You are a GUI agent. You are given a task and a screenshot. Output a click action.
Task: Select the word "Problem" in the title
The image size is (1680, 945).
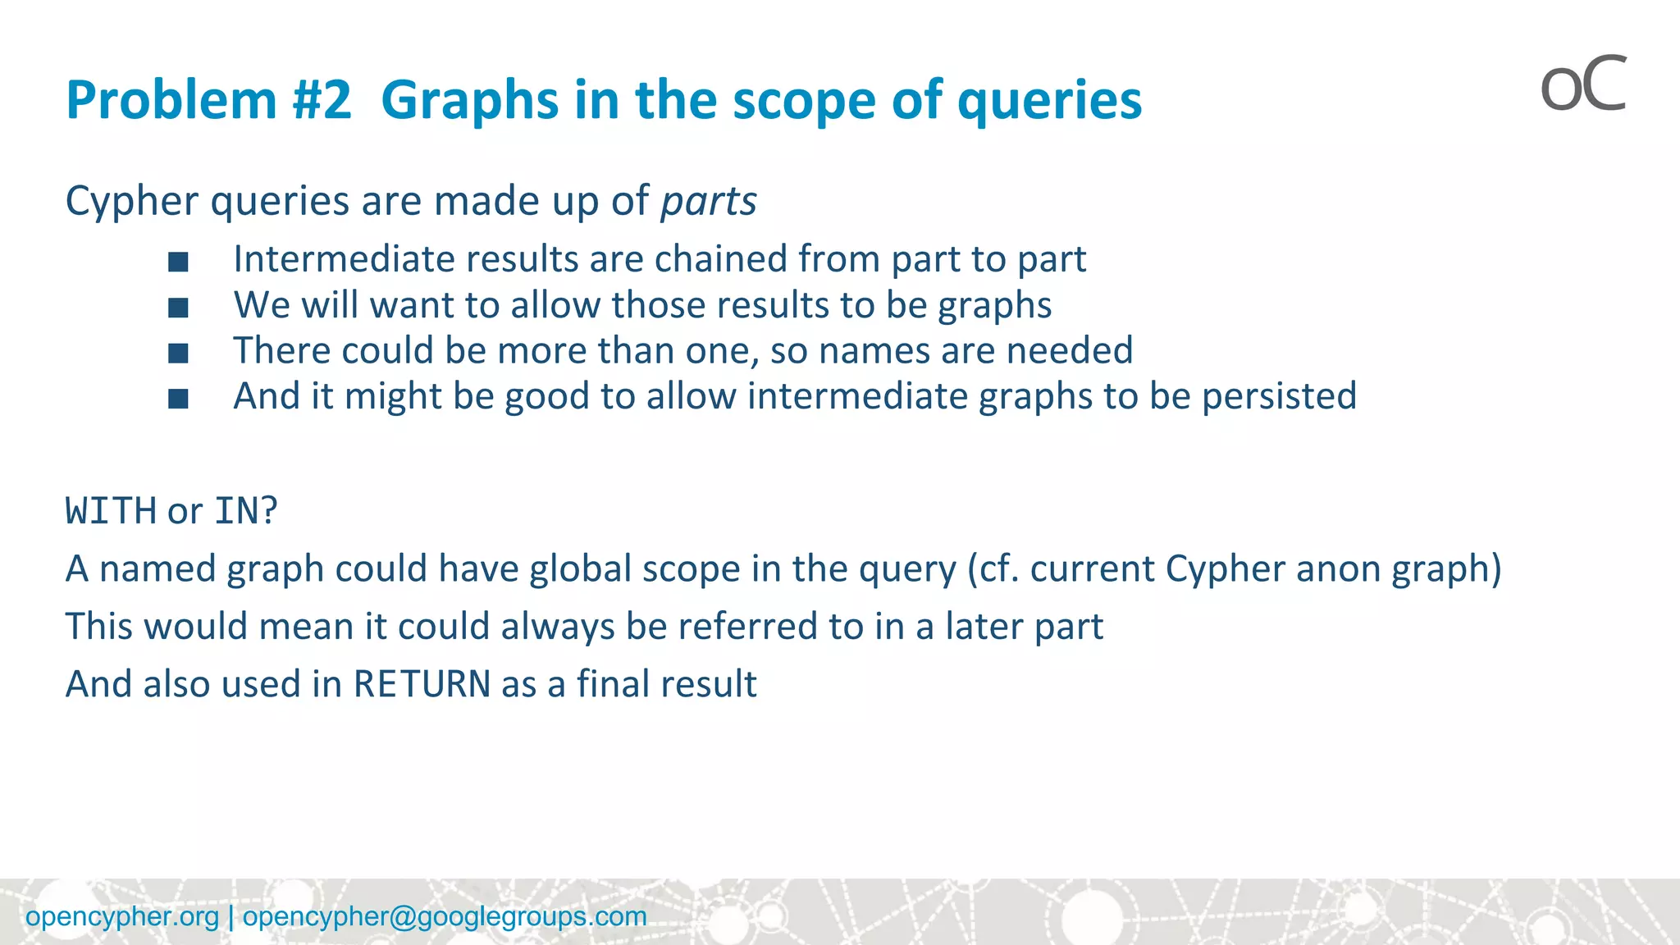click(171, 100)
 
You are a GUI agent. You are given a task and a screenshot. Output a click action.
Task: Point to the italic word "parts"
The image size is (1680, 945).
click(709, 201)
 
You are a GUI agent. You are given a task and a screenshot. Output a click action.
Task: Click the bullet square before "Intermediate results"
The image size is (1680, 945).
click(178, 262)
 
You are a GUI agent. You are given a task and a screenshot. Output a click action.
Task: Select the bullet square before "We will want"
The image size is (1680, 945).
click(178, 308)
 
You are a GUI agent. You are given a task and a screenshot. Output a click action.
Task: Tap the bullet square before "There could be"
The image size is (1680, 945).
click(178, 353)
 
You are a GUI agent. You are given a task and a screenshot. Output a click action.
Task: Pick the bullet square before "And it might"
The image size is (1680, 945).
click(178, 399)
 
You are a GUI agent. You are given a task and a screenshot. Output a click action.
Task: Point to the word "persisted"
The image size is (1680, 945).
click(1279, 396)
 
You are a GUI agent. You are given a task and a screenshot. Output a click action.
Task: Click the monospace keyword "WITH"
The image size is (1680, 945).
click(111, 511)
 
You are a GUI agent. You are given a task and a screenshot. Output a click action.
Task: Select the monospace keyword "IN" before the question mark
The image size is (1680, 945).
click(236, 511)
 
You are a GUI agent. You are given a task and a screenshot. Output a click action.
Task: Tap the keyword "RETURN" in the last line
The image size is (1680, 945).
click(422, 684)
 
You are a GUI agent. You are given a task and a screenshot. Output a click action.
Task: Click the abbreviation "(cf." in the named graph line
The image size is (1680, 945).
click(993, 569)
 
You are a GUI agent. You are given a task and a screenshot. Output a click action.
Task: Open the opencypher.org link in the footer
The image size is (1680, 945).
click(122, 916)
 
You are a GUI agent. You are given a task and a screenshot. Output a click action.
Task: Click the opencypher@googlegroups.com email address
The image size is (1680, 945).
click(445, 916)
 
